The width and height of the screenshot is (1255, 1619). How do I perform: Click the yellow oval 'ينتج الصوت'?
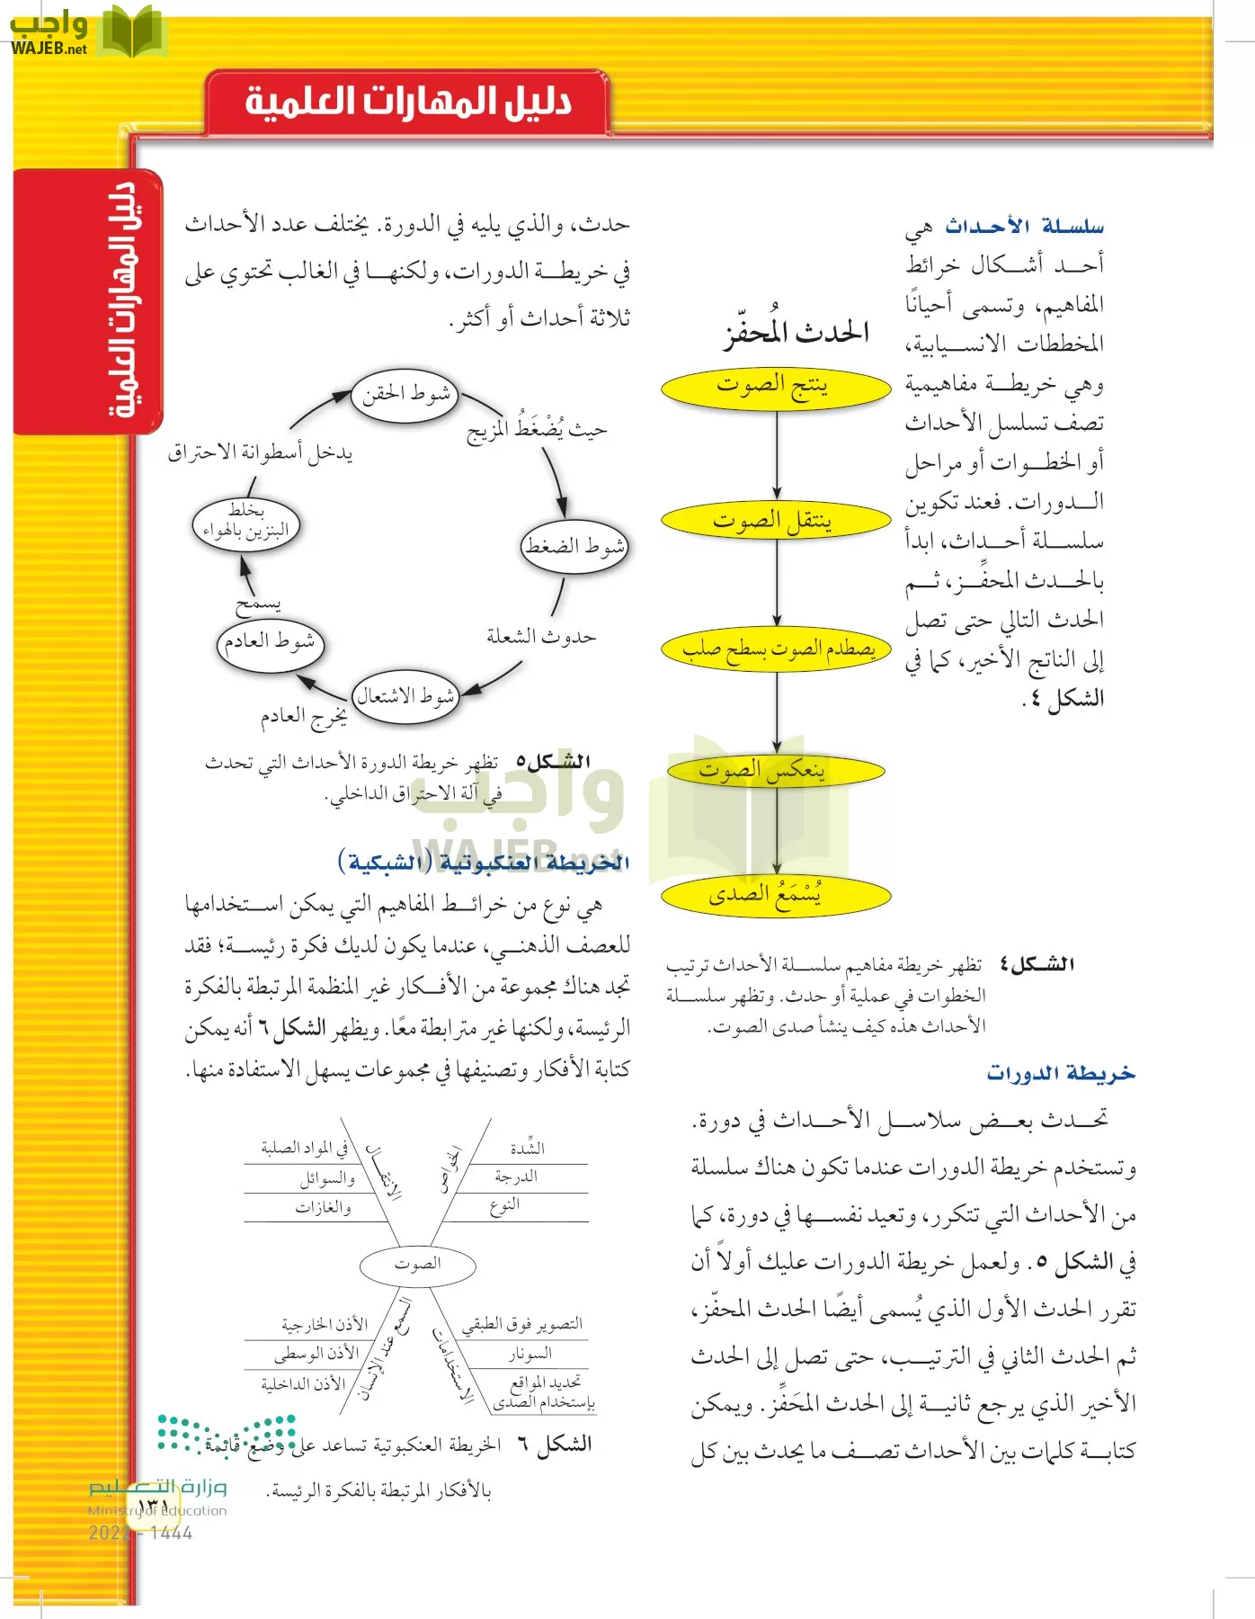[775, 388]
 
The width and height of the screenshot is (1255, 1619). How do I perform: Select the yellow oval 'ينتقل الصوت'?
[775, 521]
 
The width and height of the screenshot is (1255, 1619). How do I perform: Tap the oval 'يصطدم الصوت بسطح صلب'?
[775, 648]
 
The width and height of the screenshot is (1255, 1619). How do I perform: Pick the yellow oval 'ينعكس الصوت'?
[775, 771]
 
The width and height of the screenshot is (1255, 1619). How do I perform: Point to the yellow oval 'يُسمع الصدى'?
[775, 895]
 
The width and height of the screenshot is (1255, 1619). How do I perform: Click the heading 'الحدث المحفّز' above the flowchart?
[797, 334]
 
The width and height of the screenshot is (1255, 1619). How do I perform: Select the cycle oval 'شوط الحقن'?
[405, 394]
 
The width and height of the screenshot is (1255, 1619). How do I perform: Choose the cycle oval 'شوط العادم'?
[270, 642]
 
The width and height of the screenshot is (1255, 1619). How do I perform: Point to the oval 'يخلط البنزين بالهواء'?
[245, 523]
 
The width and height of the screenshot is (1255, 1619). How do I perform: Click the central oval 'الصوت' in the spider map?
[417, 1264]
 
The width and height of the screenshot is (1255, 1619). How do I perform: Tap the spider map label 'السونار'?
[530, 1354]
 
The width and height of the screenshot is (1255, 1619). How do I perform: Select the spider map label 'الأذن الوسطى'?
[316, 1353]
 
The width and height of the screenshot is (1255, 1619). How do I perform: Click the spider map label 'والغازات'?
[324, 1208]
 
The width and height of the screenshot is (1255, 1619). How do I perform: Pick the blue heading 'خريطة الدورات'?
[1061, 1073]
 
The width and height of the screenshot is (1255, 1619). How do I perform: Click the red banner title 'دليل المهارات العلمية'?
[408, 102]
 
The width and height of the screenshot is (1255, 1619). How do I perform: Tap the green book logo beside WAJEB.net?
[131, 32]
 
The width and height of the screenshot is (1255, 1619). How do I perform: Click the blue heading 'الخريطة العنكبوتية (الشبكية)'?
[483, 863]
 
